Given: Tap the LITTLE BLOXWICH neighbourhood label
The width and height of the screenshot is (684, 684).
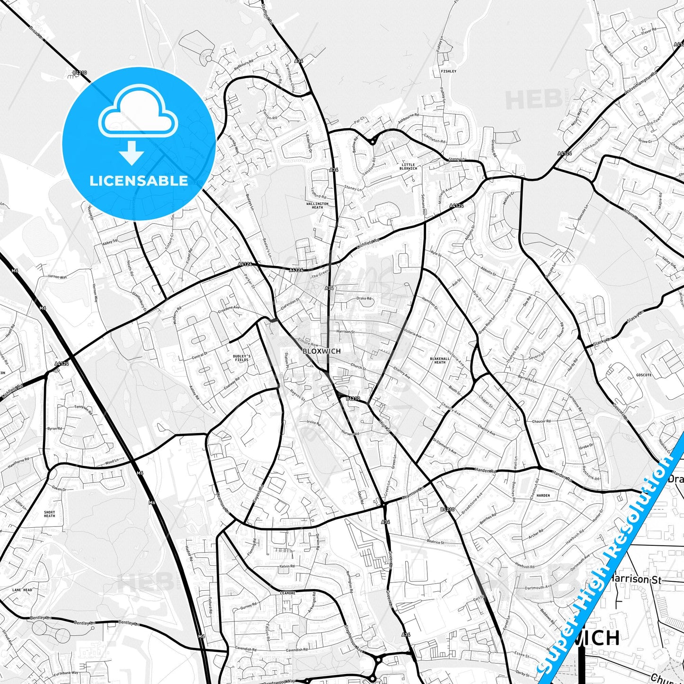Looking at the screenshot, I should point(408,166).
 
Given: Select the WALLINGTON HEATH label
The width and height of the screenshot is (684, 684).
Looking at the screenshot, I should point(317,205).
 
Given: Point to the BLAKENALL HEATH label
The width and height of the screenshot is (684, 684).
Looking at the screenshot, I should point(440,360).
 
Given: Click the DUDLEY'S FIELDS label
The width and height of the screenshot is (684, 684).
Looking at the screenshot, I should point(242,358).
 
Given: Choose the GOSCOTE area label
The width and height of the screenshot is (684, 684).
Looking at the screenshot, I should point(644,375).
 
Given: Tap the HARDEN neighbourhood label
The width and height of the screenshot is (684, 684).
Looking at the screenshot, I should point(543,496).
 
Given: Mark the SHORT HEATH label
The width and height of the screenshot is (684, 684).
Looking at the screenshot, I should point(49,514).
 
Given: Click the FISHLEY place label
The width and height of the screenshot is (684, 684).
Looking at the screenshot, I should point(448,71).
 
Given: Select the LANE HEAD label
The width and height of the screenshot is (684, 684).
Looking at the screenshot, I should point(22,590).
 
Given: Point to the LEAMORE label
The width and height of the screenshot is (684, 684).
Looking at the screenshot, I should point(288,593).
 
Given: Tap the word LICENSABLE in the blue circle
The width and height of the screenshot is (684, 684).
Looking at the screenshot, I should point(139,181).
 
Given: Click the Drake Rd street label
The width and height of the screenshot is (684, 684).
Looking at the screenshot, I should point(364,299).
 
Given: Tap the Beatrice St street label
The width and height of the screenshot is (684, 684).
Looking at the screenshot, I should point(435,542).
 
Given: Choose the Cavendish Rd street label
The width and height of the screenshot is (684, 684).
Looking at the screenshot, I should point(297,650).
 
